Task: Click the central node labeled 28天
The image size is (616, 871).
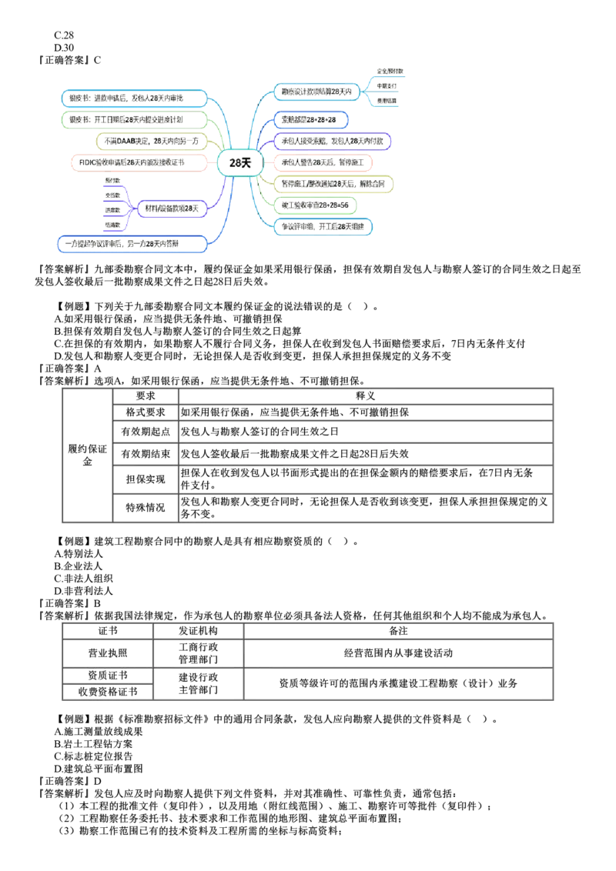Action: point(238,163)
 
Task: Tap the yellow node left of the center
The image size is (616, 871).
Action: point(152,141)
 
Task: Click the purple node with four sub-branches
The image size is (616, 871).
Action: point(170,208)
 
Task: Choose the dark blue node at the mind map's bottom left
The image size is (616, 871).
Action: point(133,245)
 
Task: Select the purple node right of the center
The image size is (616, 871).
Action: point(333,141)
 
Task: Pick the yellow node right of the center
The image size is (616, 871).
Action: point(334,183)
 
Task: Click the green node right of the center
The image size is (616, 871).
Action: point(316,205)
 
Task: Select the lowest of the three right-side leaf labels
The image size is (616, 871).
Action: point(387,101)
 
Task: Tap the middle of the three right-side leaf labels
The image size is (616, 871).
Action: point(387,86)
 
